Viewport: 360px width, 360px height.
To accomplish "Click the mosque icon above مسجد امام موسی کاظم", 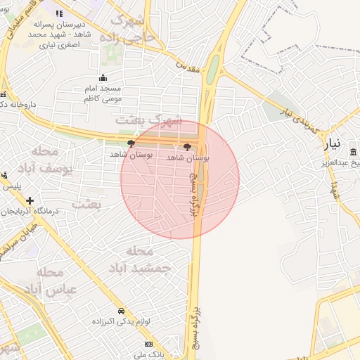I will [x=103, y=77].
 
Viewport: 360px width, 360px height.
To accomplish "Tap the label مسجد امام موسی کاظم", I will [x=103, y=94].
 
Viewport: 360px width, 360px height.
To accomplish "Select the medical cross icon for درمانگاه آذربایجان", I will [x=30, y=201].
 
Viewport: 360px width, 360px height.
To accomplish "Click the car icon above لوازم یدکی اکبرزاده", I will [x=121, y=310].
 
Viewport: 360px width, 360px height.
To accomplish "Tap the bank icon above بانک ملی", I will [x=148, y=344].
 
